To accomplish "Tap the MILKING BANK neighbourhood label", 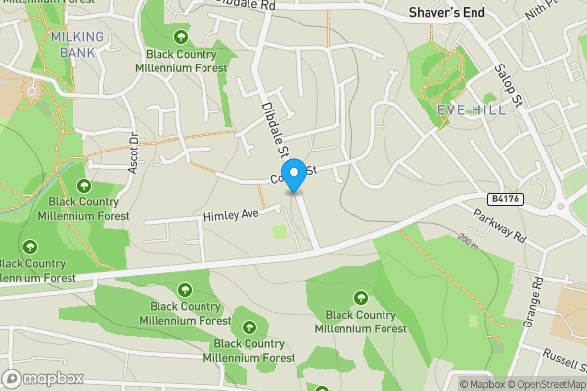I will coord(80,44).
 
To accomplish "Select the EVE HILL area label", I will coord(473,109).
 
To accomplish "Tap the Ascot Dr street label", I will coord(134,152).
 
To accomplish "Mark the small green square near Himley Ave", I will coord(280,233).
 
